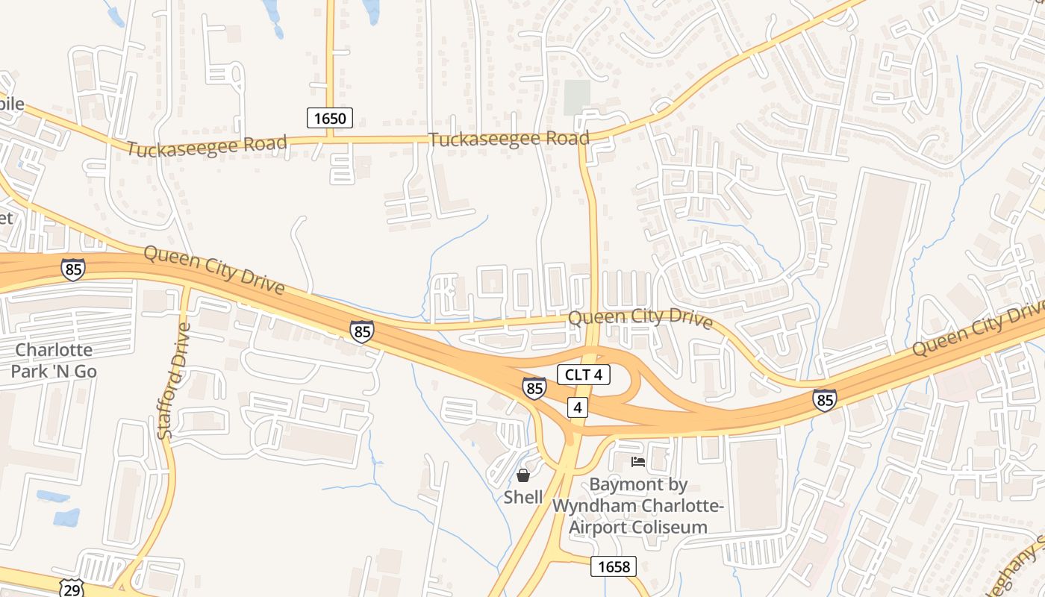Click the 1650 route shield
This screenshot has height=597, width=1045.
tap(329, 117)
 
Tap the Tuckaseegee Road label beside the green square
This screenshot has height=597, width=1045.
tap(508, 139)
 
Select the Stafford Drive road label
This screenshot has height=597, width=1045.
tap(171, 381)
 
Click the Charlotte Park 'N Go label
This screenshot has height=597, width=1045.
tap(54, 360)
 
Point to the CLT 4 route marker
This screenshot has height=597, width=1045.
tap(584, 375)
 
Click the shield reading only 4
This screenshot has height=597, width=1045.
tap(577, 407)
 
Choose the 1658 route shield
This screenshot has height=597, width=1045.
tap(614, 566)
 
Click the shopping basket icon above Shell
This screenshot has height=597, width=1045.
tap(523, 475)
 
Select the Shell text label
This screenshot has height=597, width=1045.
tap(523, 497)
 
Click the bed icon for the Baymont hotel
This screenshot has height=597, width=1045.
tap(638, 462)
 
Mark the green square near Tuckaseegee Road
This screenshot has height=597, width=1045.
tap(576, 98)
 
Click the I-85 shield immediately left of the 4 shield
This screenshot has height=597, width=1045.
tap(534, 388)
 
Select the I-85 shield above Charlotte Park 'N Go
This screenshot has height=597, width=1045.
tap(73, 269)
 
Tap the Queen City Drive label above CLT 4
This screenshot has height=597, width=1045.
tap(640, 319)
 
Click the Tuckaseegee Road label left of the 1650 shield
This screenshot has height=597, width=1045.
tap(206, 146)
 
